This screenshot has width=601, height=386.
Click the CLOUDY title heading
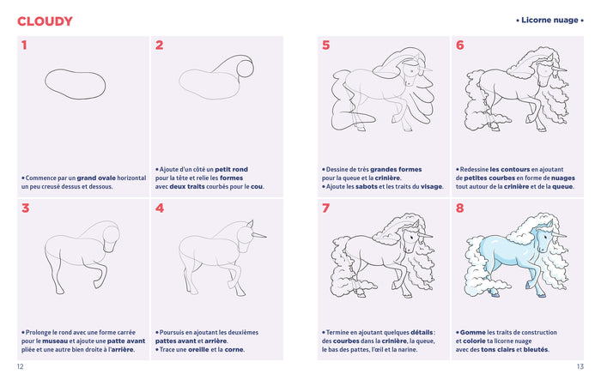point(45,21)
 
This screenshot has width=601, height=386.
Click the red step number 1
point(24,45)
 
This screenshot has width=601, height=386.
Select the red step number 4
point(160,208)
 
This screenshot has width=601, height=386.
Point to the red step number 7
point(326,208)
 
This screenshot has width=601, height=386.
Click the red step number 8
point(460,208)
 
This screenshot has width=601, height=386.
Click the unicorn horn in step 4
point(260,233)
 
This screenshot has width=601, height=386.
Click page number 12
point(21,367)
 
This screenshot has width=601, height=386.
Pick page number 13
point(580,367)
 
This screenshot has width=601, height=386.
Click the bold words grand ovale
point(95,178)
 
